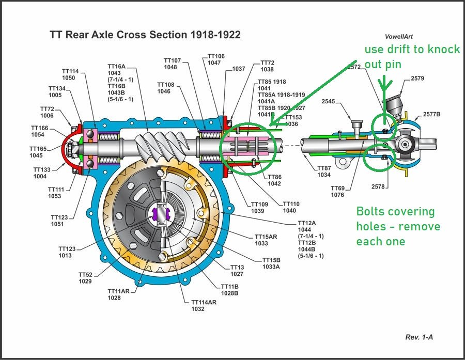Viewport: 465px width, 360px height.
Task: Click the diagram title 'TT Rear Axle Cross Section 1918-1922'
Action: (x=145, y=35)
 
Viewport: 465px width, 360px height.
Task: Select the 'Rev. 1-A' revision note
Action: (x=419, y=337)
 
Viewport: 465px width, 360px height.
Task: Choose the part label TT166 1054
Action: (x=39, y=131)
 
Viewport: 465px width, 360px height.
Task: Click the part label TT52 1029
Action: (x=85, y=278)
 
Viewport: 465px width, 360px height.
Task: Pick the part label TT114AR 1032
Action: (x=204, y=306)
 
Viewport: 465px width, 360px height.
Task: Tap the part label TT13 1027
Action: (x=237, y=271)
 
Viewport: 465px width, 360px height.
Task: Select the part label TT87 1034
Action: (x=323, y=171)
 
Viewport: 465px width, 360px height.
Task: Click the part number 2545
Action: (x=329, y=102)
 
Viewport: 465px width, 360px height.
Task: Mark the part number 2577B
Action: (x=431, y=114)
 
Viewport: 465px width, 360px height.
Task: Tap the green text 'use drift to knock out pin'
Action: (x=412, y=56)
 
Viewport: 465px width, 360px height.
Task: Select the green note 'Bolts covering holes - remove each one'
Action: (x=398, y=226)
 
